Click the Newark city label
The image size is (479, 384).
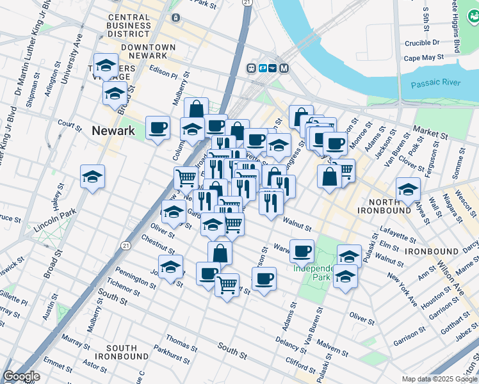point(113,131)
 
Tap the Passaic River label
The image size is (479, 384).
point(436,83)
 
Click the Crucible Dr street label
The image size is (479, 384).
point(422,43)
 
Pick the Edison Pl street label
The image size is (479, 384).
point(163,75)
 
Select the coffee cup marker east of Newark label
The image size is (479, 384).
point(157,127)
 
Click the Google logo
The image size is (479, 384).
point(21,376)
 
